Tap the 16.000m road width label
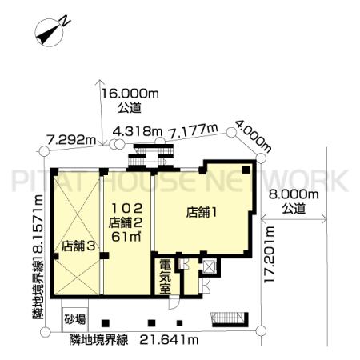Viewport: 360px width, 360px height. [130, 94]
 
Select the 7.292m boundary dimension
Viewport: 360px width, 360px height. [71, 139]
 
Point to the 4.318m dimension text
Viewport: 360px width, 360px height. [138, 131]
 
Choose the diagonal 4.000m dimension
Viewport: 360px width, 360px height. [254, 136]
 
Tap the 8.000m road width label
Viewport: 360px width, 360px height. [294, 194]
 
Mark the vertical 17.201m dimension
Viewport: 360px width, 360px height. [269, 254]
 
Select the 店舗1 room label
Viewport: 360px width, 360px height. [202, 213]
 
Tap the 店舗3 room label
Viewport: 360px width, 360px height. [78, 246]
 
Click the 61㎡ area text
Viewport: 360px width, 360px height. [126, 237]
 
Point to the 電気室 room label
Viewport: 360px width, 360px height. [166, 277]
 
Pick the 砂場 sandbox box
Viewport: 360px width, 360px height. [75, 319]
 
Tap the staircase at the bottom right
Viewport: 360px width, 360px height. [230, 319]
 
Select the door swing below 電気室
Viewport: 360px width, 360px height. [174, 303]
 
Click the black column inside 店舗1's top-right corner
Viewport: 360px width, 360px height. [246, 170]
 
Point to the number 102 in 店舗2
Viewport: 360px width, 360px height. [126, 209]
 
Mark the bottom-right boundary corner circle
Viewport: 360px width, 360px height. [261, 330]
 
